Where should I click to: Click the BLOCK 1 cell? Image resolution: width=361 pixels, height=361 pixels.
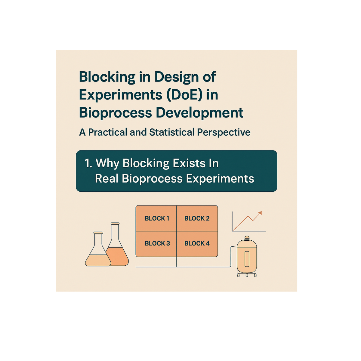point(156,218)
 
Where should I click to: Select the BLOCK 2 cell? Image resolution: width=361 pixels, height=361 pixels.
point(197,218)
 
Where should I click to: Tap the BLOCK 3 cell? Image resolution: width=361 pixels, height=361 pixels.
point(156,243)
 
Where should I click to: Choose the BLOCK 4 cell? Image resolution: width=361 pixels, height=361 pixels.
point(197,243)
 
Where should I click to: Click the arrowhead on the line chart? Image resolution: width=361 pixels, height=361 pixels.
point(260,213)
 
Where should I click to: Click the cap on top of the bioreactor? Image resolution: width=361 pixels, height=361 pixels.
point(247,238)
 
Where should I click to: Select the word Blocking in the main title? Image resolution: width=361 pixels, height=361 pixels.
point(107,77)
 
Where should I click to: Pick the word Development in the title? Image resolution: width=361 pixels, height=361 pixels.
point(199,113)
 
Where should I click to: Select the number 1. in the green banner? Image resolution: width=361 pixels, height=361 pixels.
point(88,163)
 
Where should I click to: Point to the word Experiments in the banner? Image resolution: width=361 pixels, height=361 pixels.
point(220,179)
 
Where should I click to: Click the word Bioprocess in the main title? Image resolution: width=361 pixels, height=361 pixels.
point(115,113)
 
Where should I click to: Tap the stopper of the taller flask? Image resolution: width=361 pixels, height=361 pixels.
point(115,224)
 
